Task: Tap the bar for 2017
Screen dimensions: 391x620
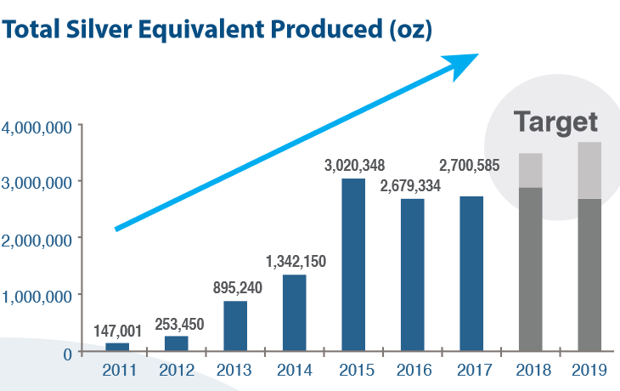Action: point(471,274)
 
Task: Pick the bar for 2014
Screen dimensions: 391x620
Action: point(294,313)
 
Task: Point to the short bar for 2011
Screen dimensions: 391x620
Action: point(117,347)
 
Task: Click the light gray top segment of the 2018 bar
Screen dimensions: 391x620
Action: point(531,170)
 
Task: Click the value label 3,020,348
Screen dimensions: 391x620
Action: point(353,164)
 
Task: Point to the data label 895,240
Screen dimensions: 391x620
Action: point(236,287)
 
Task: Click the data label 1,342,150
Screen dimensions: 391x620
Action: point(296,260)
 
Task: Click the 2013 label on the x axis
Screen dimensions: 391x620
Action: point(235,371)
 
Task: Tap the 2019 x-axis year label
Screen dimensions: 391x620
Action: point(589,371)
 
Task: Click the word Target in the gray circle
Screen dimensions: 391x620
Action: point(555,122)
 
